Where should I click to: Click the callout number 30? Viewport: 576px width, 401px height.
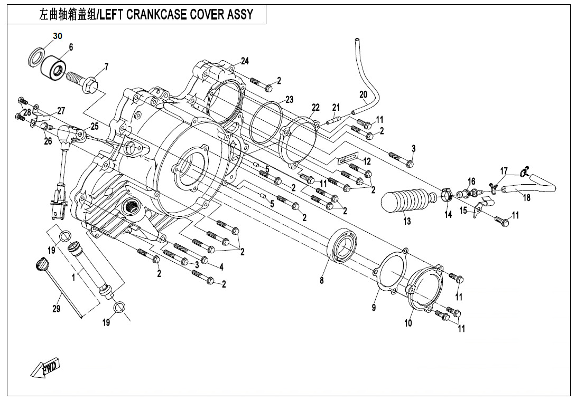[58, 36]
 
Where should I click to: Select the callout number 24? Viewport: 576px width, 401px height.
[244, 61]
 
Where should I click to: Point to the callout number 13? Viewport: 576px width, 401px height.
[406, 222]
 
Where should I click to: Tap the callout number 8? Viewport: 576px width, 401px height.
[321, 281]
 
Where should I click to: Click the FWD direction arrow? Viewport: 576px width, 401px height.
[45, 368]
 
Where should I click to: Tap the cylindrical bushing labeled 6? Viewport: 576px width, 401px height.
[53, 68]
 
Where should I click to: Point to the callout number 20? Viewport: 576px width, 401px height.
[363, 95]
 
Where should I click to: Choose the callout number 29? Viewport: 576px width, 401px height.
[57, 309]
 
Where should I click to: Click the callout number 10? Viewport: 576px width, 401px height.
[408, 323]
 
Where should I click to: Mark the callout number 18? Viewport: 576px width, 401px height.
[526, 197]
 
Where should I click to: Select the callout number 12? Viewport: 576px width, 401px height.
[367, 161]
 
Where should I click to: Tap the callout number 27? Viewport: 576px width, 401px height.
[61, 111]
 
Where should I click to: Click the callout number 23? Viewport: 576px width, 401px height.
[289, 99]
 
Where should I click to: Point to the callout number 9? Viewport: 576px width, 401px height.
[374, 308]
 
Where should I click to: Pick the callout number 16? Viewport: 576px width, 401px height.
[471, 182]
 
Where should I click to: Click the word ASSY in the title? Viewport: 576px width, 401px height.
[241, 14]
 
